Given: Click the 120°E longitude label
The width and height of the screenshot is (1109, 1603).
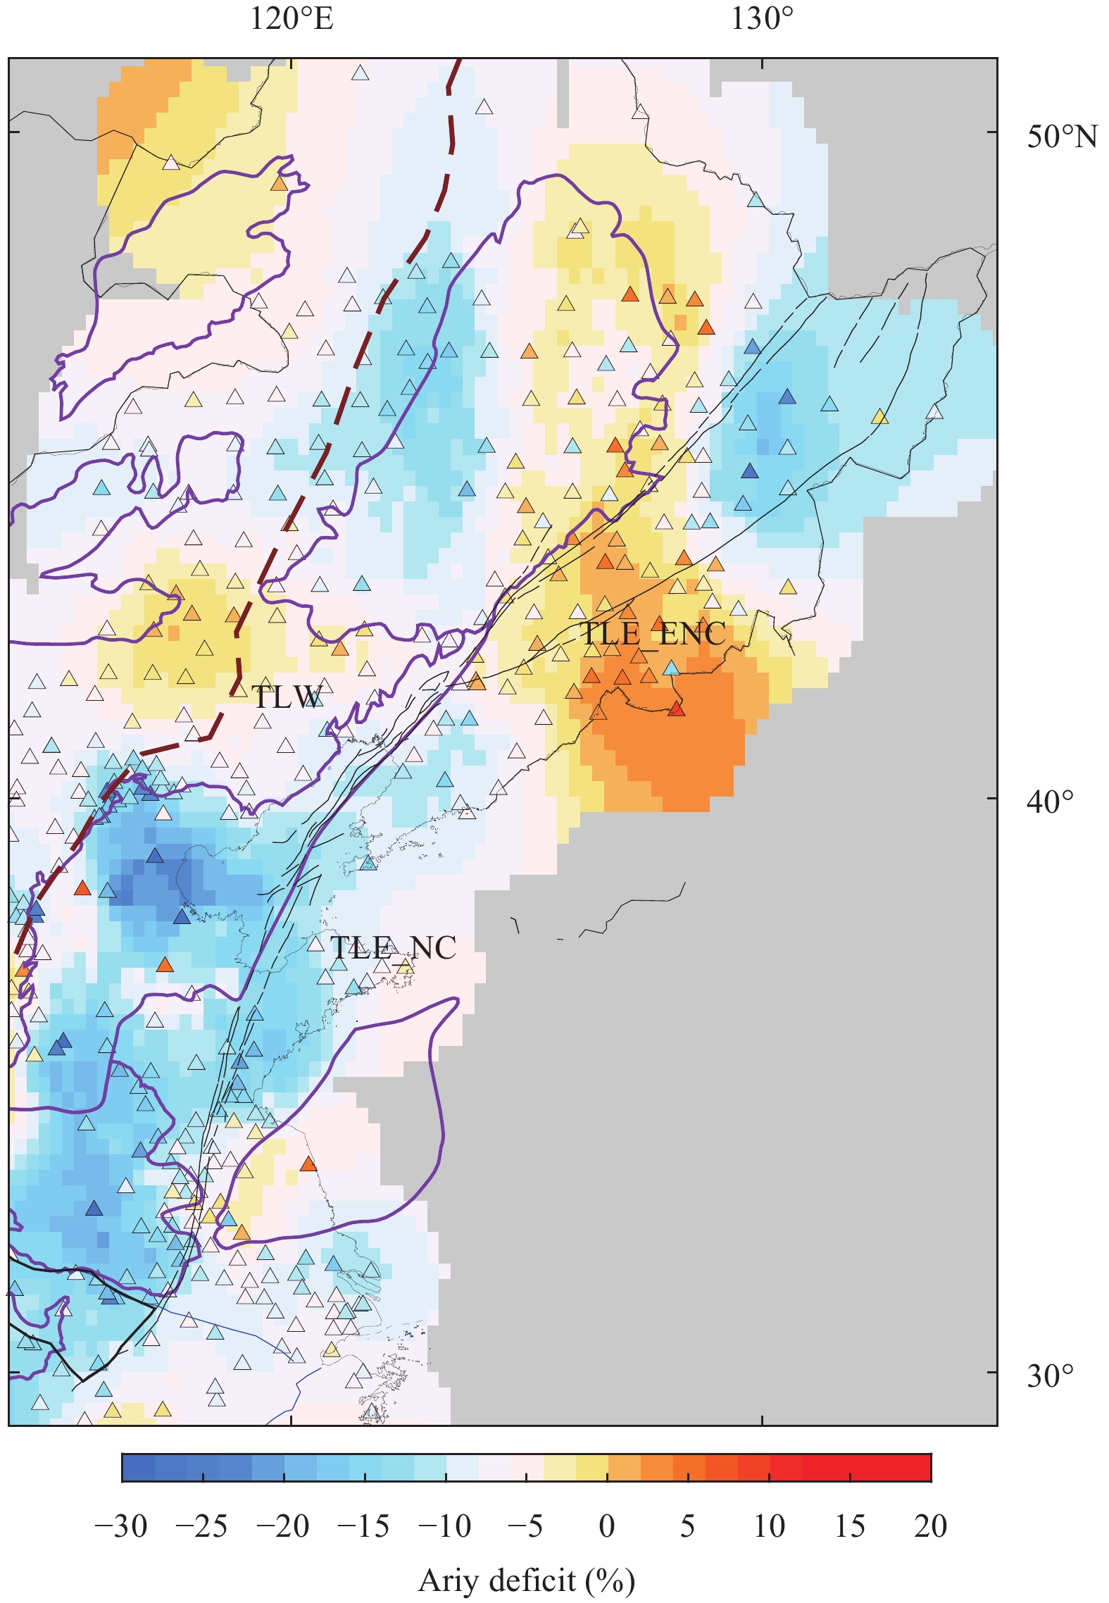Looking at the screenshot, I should pos(292,19).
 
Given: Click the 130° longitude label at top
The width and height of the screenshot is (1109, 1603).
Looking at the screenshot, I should pos(762,19).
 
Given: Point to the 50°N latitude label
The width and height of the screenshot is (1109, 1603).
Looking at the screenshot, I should pos(1062,137).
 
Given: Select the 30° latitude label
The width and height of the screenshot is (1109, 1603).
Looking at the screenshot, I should pos(1050,1376).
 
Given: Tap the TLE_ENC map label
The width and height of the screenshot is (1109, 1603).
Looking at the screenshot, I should pos(652,634).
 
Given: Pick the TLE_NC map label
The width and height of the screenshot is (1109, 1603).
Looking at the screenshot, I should pos(393,948).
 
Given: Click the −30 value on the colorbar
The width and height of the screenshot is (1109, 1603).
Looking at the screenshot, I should pos(121,1527).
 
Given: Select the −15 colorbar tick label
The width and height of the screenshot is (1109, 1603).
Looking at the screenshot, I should pos(363,1527).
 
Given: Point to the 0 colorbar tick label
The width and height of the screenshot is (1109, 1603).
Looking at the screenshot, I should pos(607,1527).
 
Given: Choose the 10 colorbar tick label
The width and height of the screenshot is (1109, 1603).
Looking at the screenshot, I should pos(769,1527).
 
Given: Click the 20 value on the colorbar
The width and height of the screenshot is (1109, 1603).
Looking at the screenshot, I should pos(931,1527).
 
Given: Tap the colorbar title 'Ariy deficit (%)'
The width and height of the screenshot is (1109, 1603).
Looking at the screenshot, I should pos(527,1581).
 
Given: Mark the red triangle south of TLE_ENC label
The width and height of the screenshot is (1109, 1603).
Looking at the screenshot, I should pos(676,709).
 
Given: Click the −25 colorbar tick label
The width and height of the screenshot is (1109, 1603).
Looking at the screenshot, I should pos(202,1527).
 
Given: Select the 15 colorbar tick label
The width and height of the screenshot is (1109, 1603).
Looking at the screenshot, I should pos(850,1527).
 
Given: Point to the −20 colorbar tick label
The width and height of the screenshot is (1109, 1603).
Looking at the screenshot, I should pos(282,1527).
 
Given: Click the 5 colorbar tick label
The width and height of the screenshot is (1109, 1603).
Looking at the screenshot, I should pos(688,1527).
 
